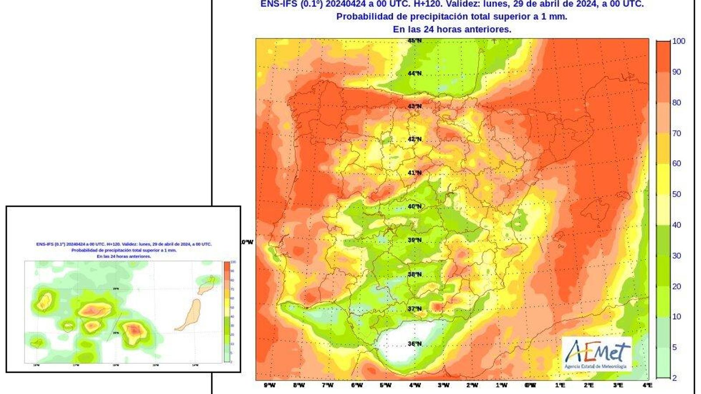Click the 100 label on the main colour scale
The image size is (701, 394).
[x=678, y=41]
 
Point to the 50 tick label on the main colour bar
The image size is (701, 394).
[x=676, y=194]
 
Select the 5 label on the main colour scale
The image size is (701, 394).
[x=674, y=347]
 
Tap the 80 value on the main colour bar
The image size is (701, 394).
[x=676, y=102]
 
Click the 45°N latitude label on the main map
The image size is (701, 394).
[x=414, y=41]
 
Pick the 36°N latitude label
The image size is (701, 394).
[x=414, y=344]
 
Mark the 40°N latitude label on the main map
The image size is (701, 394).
[x=414, y=206]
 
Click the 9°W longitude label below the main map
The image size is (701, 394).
[x=269, y=385]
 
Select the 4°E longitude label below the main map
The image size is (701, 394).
[x=647, y=385]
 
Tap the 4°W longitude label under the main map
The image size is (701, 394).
[x=414, y=385]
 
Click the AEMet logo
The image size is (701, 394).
[x=597, y=354]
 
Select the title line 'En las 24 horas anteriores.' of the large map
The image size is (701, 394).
[x=452, y=29]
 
